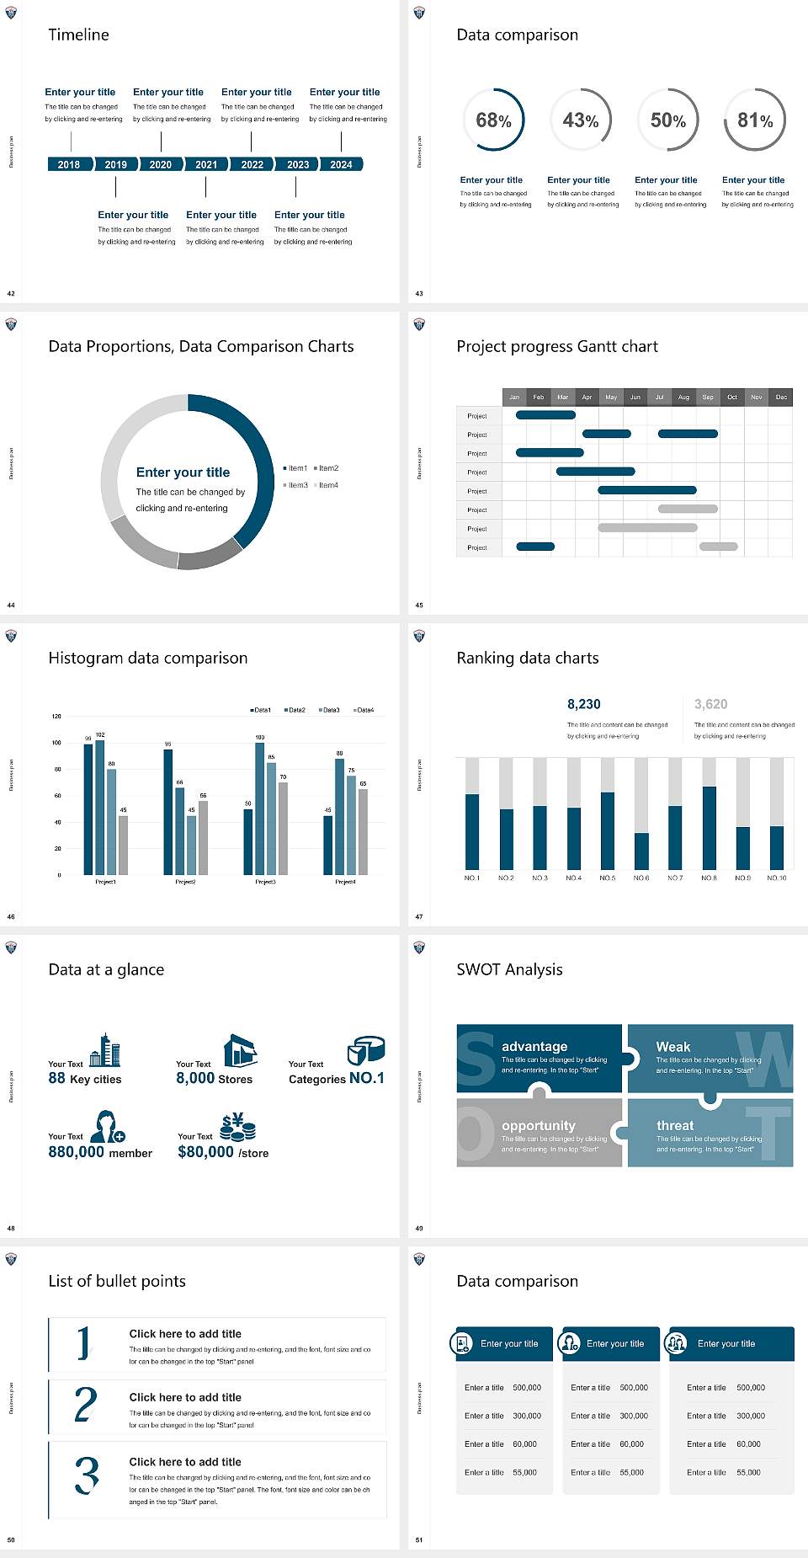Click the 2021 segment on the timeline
[206, 164]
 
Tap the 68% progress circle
[493, 120]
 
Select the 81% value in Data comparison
[755, 120]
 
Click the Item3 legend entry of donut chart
[296, 485]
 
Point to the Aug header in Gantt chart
[683, 397]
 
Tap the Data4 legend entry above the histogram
[364, 710]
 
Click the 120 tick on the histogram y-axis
[56, 716]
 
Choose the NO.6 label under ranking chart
[641, 878]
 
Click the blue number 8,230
[583, 704]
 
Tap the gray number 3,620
[710, 704]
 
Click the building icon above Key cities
[105, 1051]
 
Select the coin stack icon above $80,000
[237, 1127]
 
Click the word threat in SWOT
[675, 1125]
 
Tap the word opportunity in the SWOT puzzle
[539, 1125]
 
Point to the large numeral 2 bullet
[85, 1405]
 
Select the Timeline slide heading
[78, 35]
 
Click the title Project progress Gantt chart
[557, 346]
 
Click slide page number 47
[419, 916]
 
